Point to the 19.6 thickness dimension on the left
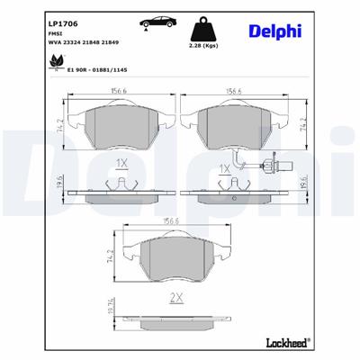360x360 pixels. tap(60, 184)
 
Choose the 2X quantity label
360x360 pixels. tap(175, 298)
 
